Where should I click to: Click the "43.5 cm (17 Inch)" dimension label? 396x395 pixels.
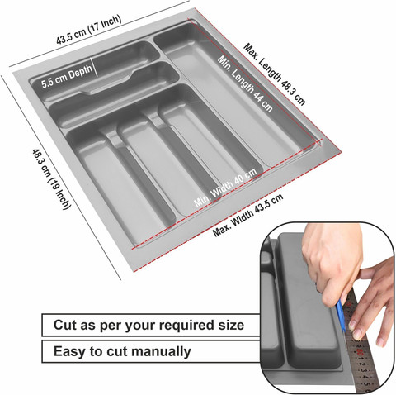(88, 30)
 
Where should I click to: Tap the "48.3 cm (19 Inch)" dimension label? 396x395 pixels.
(51, 179)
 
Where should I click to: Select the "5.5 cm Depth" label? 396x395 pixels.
(67, 77)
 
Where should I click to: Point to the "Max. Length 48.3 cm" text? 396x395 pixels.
(275, 74)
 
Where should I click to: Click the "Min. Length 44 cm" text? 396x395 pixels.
(245, 83)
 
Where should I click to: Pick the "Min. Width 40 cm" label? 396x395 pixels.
(225, 187)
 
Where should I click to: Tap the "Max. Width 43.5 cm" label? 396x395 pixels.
(247, 215)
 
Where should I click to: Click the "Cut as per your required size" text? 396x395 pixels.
(148, 325)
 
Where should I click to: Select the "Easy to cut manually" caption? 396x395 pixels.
(122, 351)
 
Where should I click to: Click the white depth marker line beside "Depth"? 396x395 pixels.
(95, 67)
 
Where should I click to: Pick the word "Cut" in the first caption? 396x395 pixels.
(65, 325)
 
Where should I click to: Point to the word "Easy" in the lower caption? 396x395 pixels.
(68, 352)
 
